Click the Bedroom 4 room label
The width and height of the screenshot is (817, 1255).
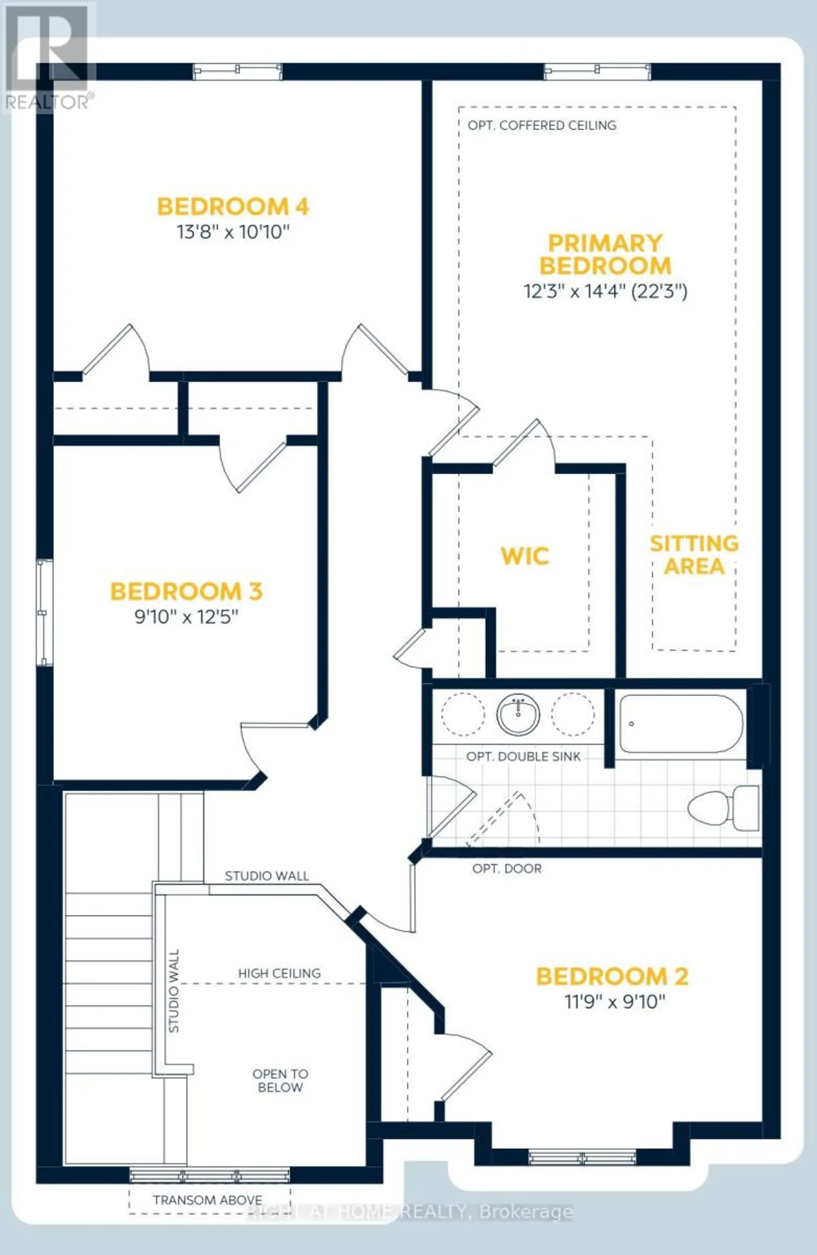pos(233,206)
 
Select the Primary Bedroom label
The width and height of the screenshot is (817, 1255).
pos(605,254)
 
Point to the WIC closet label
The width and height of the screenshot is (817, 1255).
pos(525,556)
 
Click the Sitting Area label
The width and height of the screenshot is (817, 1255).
pos(694,555)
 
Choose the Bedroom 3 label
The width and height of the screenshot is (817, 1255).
pos(186,591)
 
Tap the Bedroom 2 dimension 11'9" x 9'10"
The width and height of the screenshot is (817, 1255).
pos(615,1001)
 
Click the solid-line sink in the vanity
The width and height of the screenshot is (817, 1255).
pos(518,715)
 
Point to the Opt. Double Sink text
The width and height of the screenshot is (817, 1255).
pos(523,757)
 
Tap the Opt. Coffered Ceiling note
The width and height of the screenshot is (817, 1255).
pos(542,125)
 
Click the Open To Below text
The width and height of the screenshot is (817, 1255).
pos(280,1081)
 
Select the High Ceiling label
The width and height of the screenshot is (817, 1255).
pos(280,973)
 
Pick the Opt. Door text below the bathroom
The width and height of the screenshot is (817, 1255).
pos(507,868)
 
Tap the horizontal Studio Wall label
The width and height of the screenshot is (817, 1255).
pos(267,876)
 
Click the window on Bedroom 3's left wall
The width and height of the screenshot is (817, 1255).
pos(45,612)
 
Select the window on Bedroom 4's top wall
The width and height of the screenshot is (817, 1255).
pos(237,71)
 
